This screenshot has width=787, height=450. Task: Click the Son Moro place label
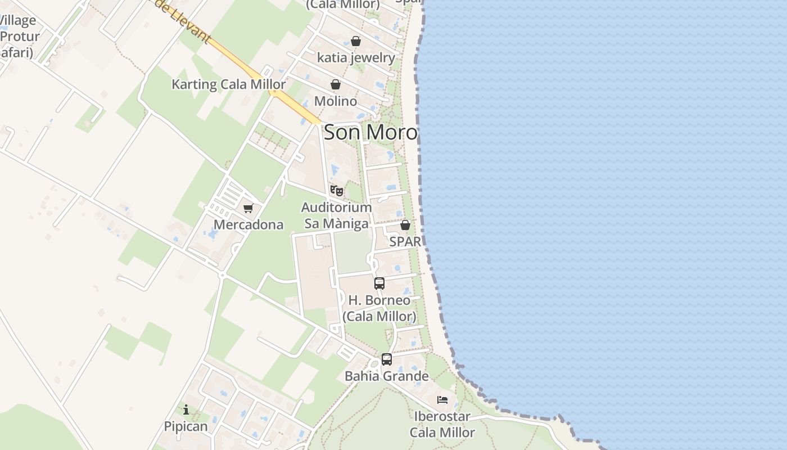coord(370,133)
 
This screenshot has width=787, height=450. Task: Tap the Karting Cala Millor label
coord(228,84)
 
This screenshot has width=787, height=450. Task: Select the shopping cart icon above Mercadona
coord(248,209)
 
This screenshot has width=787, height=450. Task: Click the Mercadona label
coord(248,225)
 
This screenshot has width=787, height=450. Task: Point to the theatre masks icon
coord(337,191)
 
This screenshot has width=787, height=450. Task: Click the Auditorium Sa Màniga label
coord(337,215)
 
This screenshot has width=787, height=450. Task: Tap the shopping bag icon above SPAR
coord(405,225)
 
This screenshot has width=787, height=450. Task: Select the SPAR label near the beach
coord(405,242)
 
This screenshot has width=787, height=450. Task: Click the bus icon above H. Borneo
coord(379,283)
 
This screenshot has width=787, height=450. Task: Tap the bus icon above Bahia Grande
coord(387,359)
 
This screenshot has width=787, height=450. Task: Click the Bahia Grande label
coord(387,376)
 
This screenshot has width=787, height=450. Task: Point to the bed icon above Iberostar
coord(442,400)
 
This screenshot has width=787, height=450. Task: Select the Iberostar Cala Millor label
coord(442,425)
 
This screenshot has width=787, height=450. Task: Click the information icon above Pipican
coord(186,410)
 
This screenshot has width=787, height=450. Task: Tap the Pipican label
coord(186,426)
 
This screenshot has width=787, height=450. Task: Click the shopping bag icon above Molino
coord(336,84)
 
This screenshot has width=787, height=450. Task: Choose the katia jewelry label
coord(356,57)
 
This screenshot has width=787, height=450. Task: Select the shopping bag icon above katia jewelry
coord(356,41)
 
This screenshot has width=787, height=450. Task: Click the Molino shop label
coord(336,101)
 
